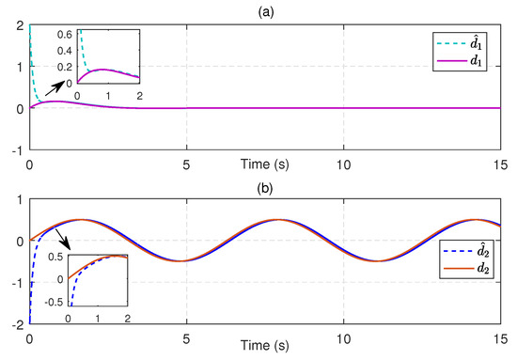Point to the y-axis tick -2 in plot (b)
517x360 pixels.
click(18, 323)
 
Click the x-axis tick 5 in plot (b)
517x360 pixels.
click(187, 335)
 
